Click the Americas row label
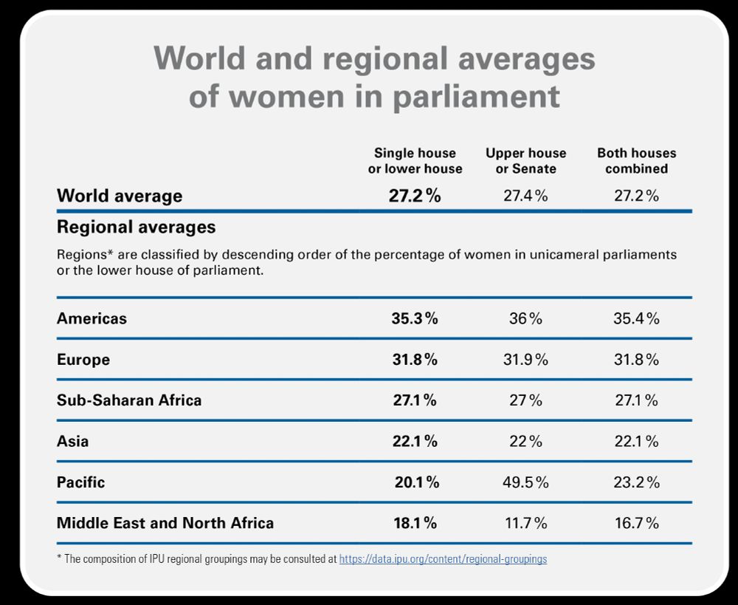click(92, 319)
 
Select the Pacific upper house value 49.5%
click(526, 482)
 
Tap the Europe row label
click(83, 360)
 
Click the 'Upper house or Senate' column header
click(525, 161)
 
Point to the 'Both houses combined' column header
click(636, 161)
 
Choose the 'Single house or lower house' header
click(415, 161)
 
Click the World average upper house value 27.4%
click(526, 196)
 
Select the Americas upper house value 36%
click(525, 319)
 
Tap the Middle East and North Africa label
click(165, 523)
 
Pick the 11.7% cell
click(525, 523)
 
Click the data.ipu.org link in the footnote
click(443, 559)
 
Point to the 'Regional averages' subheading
click(136, 226)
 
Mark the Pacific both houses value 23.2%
click(636, 482)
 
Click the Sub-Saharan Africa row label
click(129, 400)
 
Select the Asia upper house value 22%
click(525, 441)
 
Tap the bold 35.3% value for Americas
click(415, 319)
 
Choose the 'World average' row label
click(120, 196)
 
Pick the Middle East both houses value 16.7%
click(636, 523)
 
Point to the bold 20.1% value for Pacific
click(416, 482)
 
